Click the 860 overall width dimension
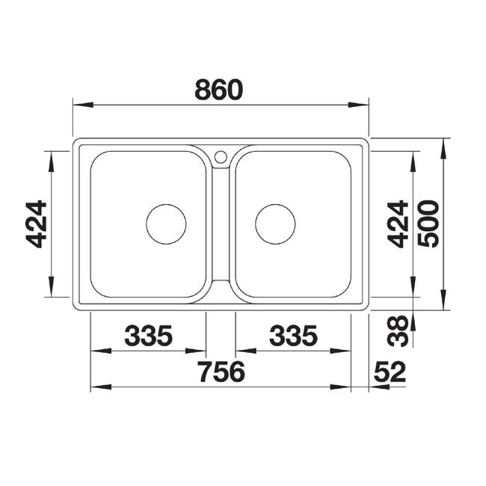coord(219,90)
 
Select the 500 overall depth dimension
coord(428,224)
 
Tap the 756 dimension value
coord(221,372)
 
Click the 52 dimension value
coord(390,372)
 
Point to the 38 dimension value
coord(398,331)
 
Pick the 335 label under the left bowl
coord(148,336)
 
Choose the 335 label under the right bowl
coord(293,336)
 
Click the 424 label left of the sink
coord(37,224)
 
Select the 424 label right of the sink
coord(398,224)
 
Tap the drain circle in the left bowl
coord(166,205)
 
